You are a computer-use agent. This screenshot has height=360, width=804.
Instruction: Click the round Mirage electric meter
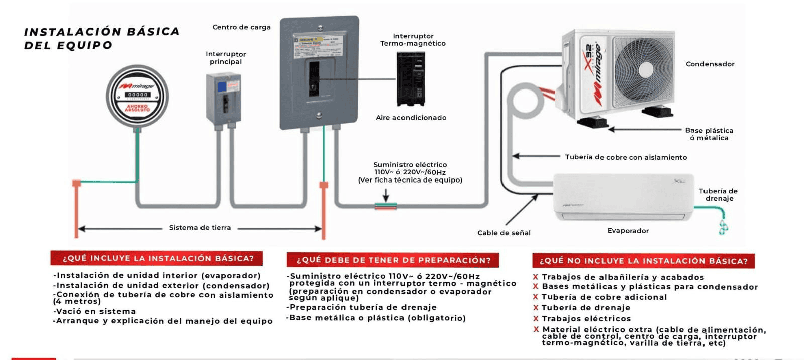[x=137, y=96]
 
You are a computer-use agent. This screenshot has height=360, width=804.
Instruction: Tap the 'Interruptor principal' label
[x=226, y=58]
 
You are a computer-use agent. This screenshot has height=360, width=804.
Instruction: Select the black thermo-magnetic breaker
[x=411, y=79]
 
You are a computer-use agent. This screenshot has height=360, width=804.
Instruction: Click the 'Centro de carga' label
[x=241, y=27]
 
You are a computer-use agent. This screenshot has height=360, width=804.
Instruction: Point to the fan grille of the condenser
[x=644, y=71]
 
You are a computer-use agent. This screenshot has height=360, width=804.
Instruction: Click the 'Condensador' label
[x=710, y=64]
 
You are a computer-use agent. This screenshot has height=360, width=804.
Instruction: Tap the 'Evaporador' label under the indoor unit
[x=628, y=231]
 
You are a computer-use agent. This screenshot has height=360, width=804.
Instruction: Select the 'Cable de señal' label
[x=504, y=233]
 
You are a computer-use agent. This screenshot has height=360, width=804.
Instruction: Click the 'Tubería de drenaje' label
[x=718, y=195]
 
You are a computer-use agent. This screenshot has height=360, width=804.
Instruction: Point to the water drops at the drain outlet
[x=723, y=227]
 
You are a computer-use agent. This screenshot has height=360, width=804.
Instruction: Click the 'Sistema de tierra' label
[x=199, y=228]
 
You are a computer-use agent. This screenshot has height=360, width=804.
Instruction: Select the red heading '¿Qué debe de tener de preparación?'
[x=393, y=260]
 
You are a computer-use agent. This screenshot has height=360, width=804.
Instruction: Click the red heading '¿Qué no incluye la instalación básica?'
[x=643, y=261]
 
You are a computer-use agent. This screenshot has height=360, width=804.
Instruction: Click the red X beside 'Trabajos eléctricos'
[x=536, y=318]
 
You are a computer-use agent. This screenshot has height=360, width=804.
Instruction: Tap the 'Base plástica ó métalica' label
[x=709, y=134]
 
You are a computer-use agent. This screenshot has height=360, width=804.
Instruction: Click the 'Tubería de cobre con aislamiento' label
[x=626, y=157]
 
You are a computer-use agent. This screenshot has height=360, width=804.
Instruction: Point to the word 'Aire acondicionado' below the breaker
[x=411, y=118]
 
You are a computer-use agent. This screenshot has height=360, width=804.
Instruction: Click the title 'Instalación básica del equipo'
[x=102, y=38]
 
